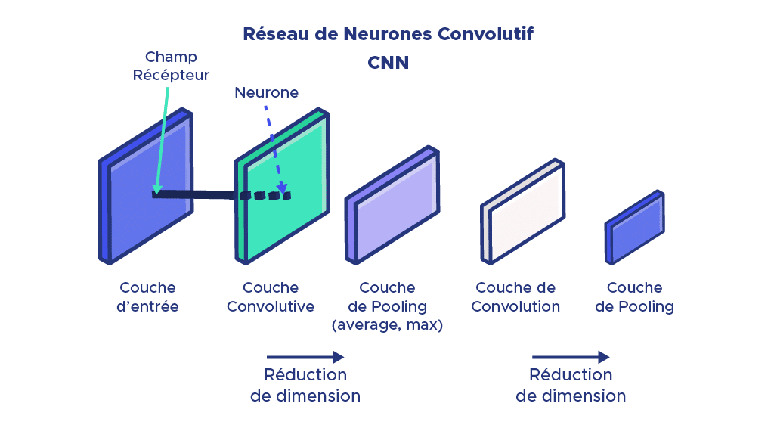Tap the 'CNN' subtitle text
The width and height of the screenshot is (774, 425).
click(388, 63)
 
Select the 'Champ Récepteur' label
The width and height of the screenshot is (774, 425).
click(171, 66)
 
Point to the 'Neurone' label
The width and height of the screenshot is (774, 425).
click(266, 92)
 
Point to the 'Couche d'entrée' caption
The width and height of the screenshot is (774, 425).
click(147, 297)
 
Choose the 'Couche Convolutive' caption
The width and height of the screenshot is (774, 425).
click(271, 297)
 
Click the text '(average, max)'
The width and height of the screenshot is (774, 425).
click(387, 326)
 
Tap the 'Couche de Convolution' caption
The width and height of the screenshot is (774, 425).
click(515, 297)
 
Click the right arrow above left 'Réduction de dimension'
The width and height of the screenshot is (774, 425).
click(305, 357)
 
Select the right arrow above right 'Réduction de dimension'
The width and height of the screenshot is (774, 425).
click(571, 357)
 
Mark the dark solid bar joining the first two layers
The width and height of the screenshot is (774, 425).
click(197, 194)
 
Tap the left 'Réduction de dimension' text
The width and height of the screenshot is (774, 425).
click(305, 385)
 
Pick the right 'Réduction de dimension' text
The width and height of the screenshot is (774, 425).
click(571, 385)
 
